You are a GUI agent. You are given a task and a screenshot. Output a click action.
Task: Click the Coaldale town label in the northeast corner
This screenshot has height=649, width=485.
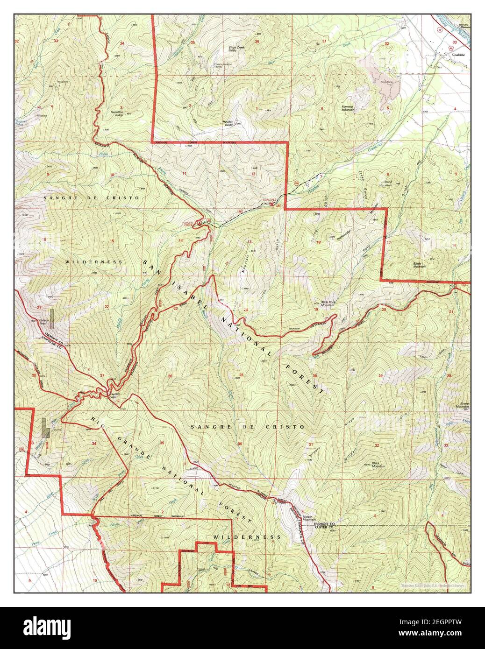457,55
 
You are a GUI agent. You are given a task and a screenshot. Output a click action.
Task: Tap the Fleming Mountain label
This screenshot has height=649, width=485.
348,108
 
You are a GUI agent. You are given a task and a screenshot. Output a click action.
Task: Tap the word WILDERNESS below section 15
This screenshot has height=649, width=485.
94,262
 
